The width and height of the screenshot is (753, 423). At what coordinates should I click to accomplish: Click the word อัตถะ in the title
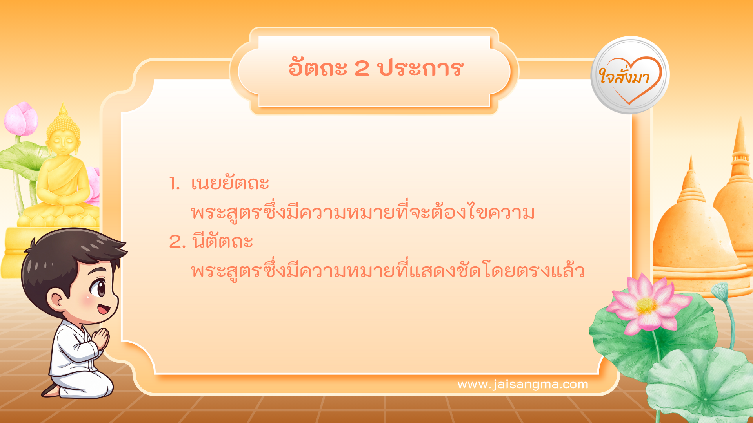click(x=318, y=68)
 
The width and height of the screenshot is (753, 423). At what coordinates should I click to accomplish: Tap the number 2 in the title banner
click(x=362, y=68)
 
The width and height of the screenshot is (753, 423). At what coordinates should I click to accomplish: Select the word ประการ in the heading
click(x=420, y=68)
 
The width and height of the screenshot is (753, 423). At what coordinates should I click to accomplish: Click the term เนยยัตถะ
click(x=230, y=183)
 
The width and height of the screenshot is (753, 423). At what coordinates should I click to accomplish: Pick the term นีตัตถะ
click(x=222, y=241)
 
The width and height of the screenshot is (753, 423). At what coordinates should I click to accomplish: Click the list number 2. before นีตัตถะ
click(x=177, y=242)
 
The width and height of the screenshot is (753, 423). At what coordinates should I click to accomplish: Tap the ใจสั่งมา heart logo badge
click(x=630, y=75)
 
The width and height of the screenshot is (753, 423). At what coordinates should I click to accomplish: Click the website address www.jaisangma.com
click(x=522, y=384)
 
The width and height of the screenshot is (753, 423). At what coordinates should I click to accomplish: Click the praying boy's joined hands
click(x=101, y=338)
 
